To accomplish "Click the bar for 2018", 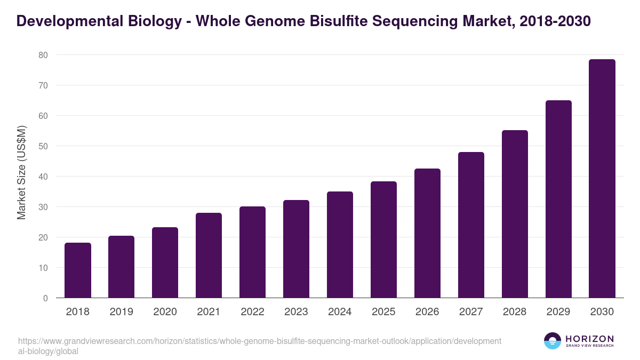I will [78, 270].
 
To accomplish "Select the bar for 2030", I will [602, 179].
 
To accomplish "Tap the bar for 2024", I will [340, 245].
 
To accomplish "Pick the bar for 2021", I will [209, 255].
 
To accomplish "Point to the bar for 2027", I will [471, 225].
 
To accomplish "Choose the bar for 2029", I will [558, 199].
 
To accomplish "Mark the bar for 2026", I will [427, 233].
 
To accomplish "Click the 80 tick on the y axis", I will [43, 55].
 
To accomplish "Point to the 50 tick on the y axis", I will [43, 146].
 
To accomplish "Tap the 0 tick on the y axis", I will [45, 298].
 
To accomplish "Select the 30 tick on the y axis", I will [43, 207].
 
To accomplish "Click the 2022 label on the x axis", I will [252, 312].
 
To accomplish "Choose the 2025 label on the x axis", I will [383, 312].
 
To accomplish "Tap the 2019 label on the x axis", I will [121, 312].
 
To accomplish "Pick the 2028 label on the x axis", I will [515, 312].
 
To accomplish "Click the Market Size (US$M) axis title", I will [21, 172].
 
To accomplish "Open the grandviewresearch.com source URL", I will [259, 346].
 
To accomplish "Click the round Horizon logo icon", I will [553, 341].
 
